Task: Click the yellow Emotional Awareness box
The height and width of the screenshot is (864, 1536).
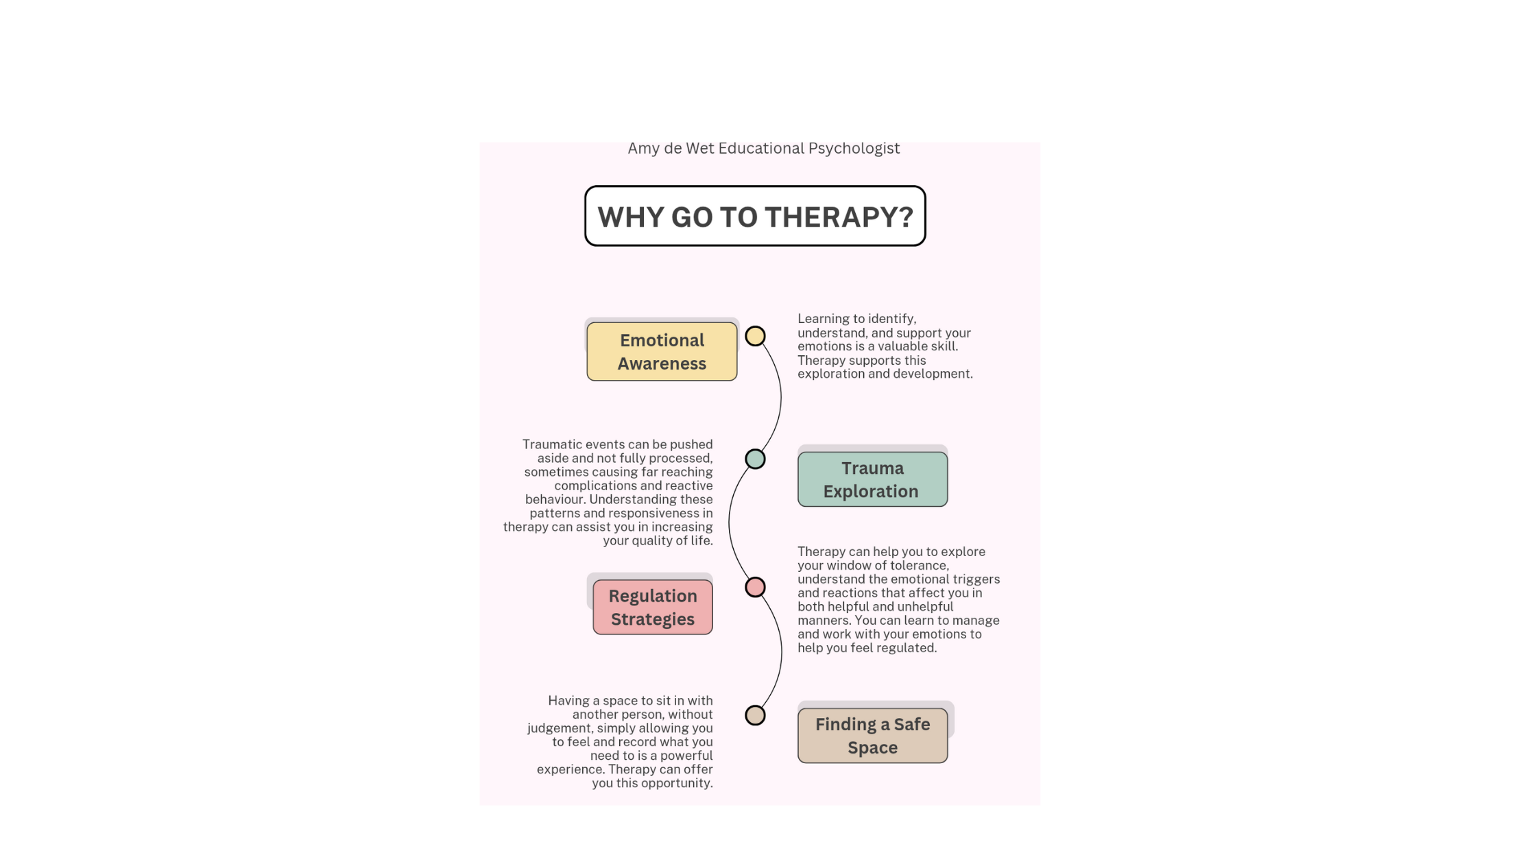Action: coord(662,352)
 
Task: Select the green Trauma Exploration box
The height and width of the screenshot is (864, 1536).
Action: coord(872,479)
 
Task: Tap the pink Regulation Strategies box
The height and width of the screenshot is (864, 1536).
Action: coord(652,608)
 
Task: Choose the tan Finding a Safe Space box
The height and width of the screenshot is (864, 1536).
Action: coord(872,736)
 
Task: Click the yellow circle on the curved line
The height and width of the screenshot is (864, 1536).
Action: coord(755,336)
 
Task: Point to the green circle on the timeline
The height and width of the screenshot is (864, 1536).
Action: coord(755,459)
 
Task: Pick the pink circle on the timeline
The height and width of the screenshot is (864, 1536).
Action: coord(755,587)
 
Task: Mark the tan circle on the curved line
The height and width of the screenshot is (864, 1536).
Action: coord(755,715)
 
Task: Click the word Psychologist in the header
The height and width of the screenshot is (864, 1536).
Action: coord(854,149)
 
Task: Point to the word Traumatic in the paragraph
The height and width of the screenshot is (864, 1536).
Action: coord(552,444)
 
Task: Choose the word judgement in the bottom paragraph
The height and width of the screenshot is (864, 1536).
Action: coord(559,728)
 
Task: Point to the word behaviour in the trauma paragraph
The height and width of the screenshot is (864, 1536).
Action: coord(554,499)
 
